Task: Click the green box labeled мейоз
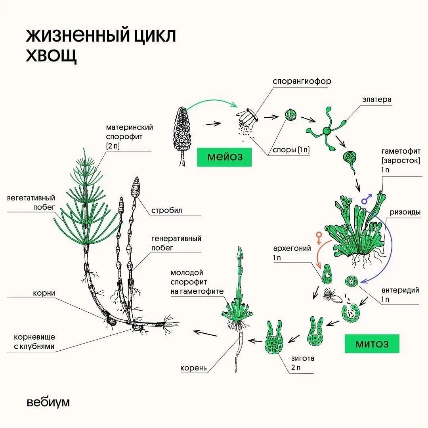tap(224, 157)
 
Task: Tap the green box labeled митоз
tap(372, 344)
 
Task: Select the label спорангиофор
tap(302, 81)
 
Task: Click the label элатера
tap(376, 99)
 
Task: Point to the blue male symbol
tap(367, 198)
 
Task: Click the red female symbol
tap(318, 237)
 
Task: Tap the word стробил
tap(166, 210)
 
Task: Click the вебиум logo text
tap(48, 402)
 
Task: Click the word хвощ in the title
tap(52, 55)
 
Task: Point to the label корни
tap(44, 293)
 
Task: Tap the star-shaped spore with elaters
tap(326, 130)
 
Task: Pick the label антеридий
tap(400, 290)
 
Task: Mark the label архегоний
tap(292, 249)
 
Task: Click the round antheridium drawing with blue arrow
tap(351, 281)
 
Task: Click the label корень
tap(194, 368)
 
